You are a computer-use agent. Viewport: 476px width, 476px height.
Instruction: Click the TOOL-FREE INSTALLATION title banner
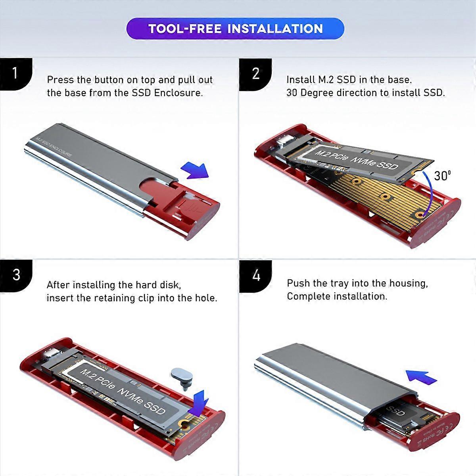pos(235,29)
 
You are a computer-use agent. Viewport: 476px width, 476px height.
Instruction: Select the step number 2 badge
pos(255,74)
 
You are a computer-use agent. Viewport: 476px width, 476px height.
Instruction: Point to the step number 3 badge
pos(16,275)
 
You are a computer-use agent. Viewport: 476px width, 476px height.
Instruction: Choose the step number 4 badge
pos(256,275)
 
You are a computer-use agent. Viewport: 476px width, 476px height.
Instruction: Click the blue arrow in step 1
pos(194,171)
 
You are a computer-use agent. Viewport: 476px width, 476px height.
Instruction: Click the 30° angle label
pos(442,176)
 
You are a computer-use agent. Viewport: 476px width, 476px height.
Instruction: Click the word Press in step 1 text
pos(60,80)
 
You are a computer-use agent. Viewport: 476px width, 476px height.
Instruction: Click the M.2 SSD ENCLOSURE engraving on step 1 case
pos(54,147)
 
